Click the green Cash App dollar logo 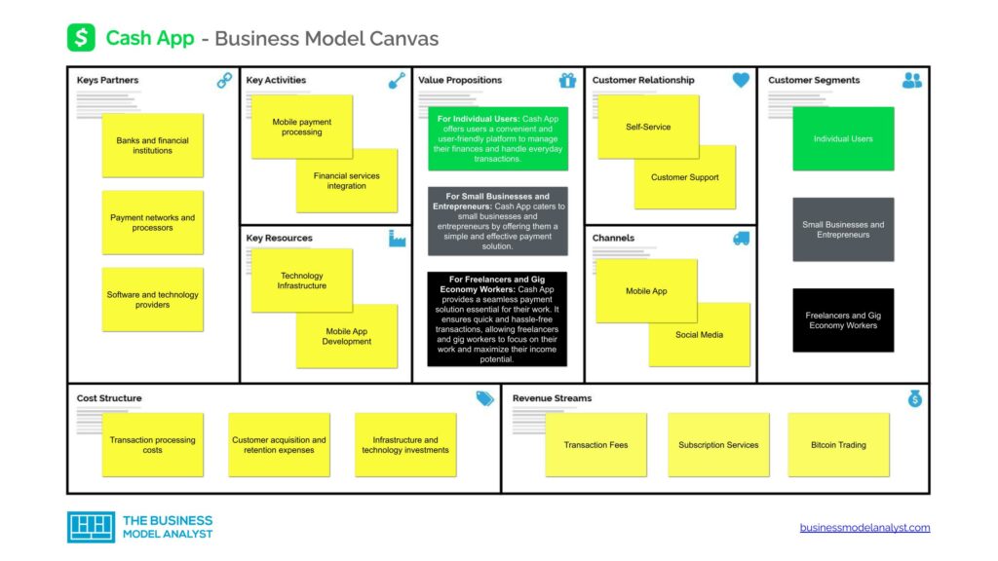tap(81, 38)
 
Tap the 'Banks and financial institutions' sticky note tap(152, 145)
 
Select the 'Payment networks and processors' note tap(152, 223)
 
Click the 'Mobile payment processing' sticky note tap(301, 127)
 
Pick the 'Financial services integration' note tap(347, 181)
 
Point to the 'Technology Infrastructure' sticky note tap(301, 280)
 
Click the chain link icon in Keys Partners tap(224, 81)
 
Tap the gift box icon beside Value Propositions tap(567, 81)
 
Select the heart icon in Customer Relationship tap(741, 81)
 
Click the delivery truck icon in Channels tap(741, 239)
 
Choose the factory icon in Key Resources tap(397, 239)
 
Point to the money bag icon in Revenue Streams tap(914, 398)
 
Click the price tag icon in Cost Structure tap(484, 398)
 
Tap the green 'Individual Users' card tap(843, 139)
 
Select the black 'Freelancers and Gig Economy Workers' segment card tap(843, 320)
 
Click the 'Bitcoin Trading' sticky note tap(838, 445)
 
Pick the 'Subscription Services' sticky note tap(718, 445)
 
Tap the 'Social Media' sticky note tap(700, 335)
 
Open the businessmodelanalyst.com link tap(864, 528)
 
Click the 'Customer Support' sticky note tap(685, 177)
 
